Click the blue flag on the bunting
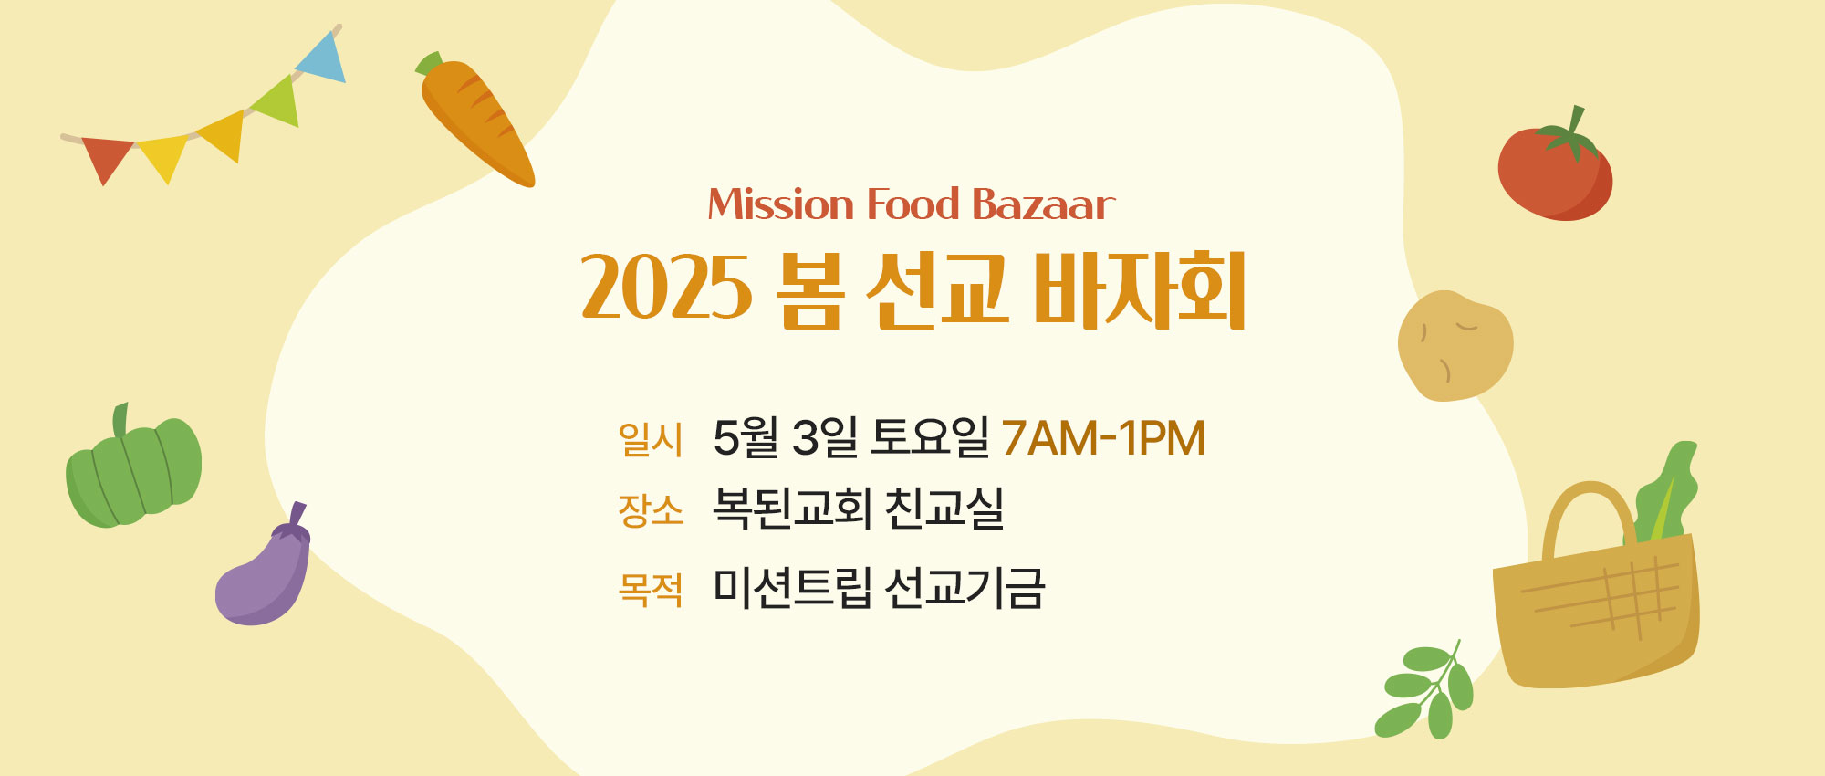323,59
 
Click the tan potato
1455,346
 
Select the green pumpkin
133,467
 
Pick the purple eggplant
264,568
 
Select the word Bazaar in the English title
1043,204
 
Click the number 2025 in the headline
666,288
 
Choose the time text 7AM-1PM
1103,438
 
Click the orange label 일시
651,439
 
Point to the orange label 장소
651,510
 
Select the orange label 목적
651,590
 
